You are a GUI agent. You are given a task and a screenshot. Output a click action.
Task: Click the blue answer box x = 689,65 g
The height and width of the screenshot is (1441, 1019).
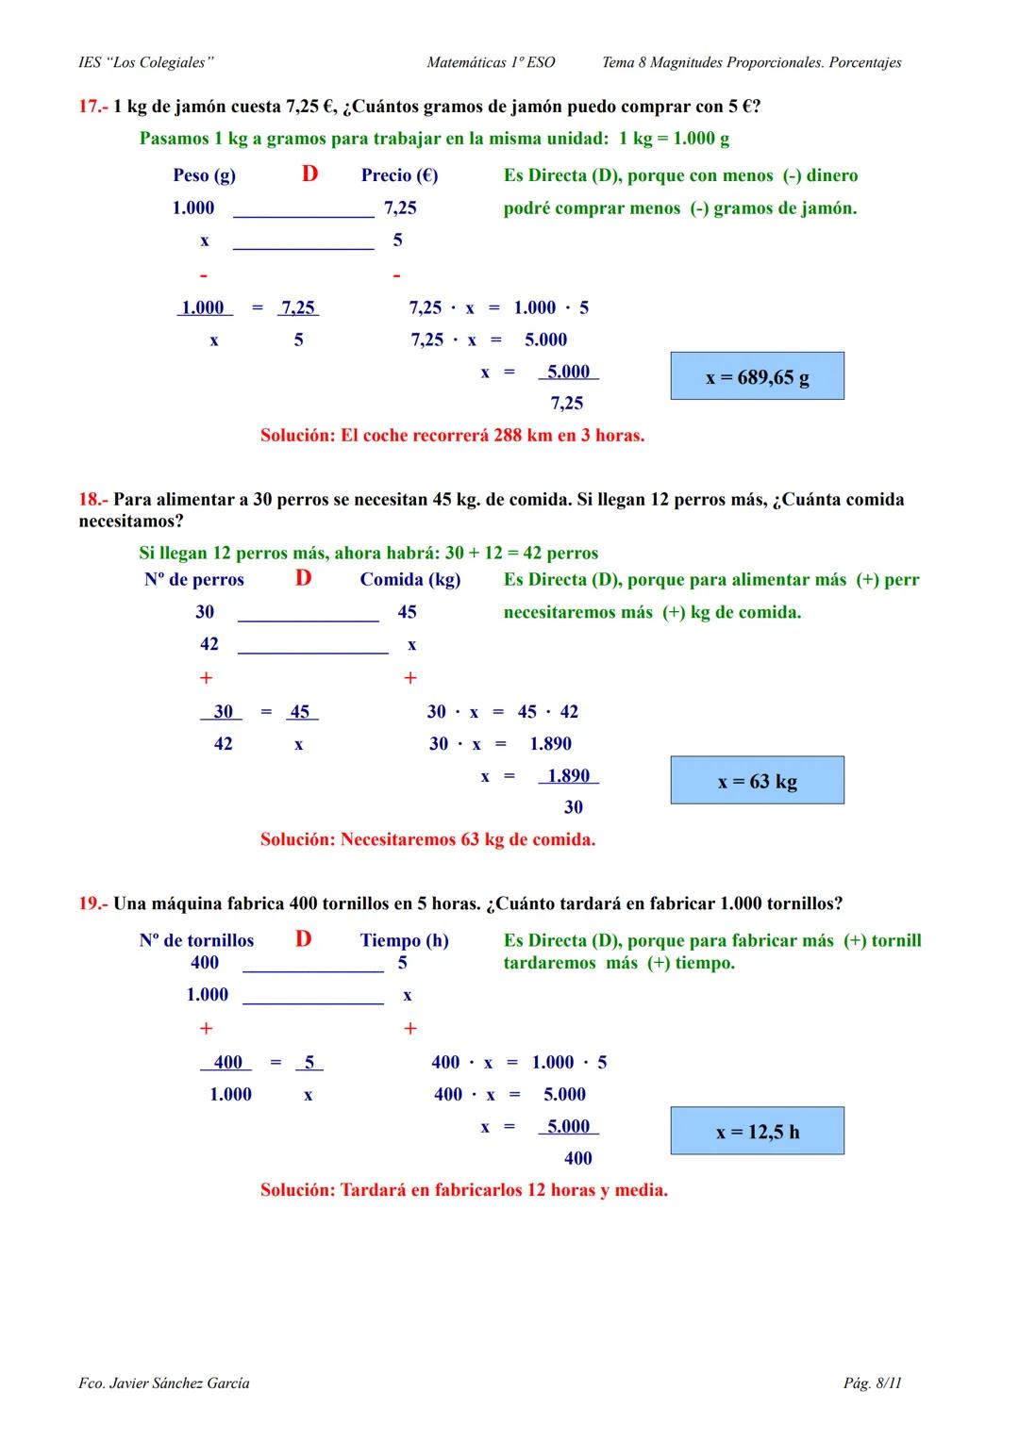pos(757,376)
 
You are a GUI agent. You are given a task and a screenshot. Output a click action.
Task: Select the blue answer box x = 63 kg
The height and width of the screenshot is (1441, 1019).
pos(757,781)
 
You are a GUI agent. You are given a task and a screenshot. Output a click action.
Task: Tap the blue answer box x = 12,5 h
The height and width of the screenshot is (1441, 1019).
pos(757,1131)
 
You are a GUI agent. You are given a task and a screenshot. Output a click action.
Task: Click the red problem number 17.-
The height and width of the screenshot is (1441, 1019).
pos(92,107)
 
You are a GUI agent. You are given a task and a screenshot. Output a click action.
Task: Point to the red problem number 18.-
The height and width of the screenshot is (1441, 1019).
pos(92,500)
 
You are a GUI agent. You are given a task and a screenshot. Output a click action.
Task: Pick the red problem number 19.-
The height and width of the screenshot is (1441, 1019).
pos(92,903)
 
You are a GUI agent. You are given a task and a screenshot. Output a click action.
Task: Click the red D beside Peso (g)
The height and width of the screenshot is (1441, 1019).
pos(309,174)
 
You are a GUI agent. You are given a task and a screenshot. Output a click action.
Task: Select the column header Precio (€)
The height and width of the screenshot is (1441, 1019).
pos(399,175)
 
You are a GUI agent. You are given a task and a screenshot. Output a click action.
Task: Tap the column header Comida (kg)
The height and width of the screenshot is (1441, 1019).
pos(410,580)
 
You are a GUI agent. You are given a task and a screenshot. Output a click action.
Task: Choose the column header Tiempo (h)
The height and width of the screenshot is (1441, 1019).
pos(404,940)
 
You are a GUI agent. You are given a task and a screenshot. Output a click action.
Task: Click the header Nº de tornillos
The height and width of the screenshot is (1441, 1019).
pos(196,940)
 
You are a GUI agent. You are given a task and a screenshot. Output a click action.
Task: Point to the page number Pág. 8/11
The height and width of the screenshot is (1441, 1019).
pos(872,1383)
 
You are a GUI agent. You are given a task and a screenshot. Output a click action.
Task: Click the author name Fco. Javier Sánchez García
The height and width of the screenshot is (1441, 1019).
pos(164,1383)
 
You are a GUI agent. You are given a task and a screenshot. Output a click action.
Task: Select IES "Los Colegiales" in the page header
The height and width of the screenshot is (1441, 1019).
pos(146,63)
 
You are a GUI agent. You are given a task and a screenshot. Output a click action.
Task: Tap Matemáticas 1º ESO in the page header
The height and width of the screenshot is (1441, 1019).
pos(491,63)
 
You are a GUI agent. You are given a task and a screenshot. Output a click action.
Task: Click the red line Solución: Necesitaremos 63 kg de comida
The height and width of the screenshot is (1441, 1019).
pos(427,839)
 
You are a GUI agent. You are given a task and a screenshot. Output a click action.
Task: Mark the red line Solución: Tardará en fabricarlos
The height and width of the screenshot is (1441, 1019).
pos(463,1190)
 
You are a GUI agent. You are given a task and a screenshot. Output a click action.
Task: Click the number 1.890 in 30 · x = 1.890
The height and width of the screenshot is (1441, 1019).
pos(550,744)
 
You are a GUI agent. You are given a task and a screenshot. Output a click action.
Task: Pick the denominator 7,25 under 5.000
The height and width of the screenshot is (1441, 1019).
pos(567,404)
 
